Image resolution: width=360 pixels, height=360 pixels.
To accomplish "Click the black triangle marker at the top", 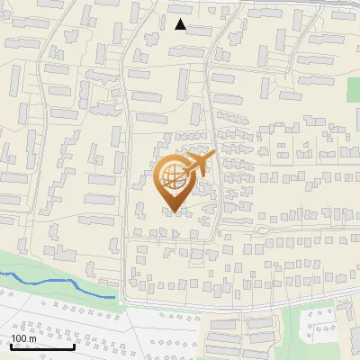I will [x=181, y=24].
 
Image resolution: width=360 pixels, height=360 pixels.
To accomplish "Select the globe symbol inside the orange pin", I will [x=171, y=177].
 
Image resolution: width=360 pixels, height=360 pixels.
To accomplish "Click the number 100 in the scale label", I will [x=19, y=337].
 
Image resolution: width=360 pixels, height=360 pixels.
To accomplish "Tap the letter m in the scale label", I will [x=33, y=337].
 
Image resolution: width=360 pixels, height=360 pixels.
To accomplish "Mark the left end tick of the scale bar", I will [x=11, y=346].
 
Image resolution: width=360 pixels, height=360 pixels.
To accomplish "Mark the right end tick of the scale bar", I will [x=74, y=346].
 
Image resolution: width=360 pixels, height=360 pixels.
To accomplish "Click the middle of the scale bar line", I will [x=42, y=346].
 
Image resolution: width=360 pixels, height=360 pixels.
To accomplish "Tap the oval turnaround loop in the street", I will [x=262, y=229].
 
